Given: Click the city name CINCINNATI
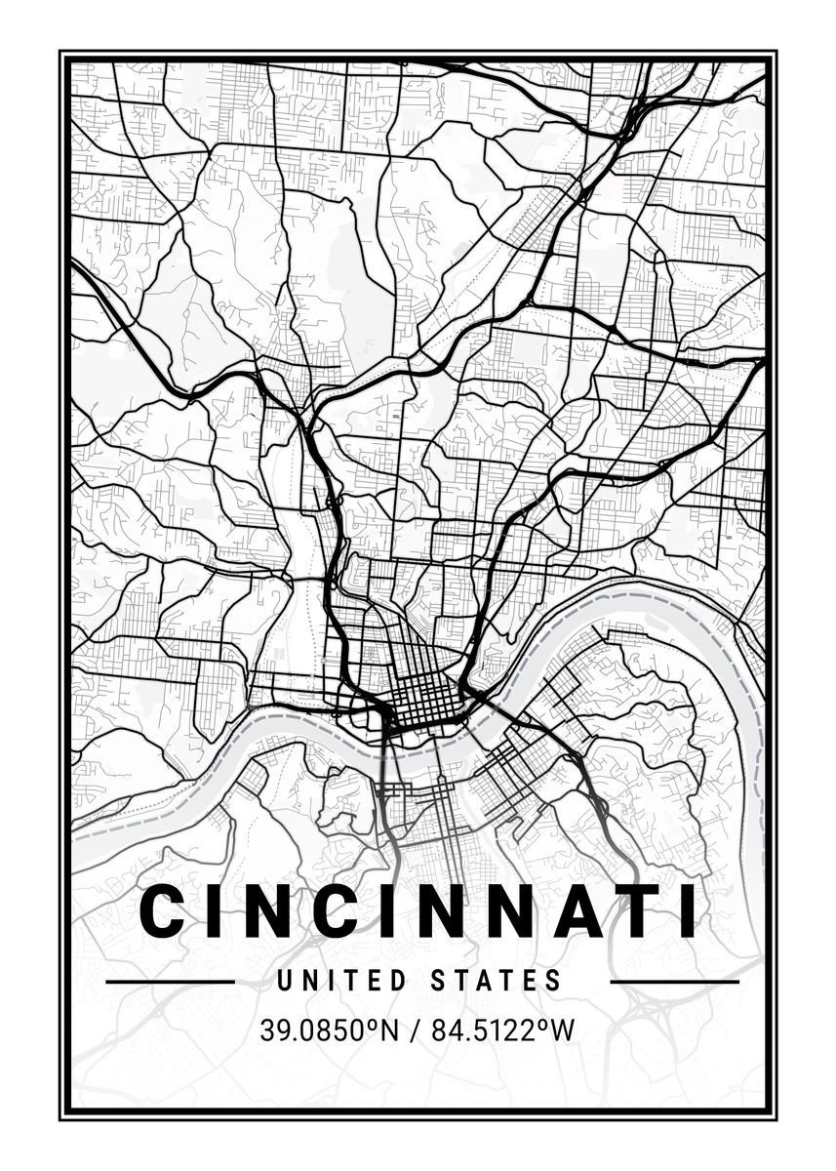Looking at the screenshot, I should tap(418, 911).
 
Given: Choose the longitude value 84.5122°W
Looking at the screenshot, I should tap(506, 1030).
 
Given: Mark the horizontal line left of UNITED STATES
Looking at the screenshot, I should tap(170, 981).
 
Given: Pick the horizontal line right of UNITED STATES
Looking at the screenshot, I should tap(674, 981).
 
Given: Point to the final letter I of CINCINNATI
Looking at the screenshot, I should tap(688, 911).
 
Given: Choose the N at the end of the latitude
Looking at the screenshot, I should tap(389, 1030).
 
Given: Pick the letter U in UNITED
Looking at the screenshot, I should tap(286, 980).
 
